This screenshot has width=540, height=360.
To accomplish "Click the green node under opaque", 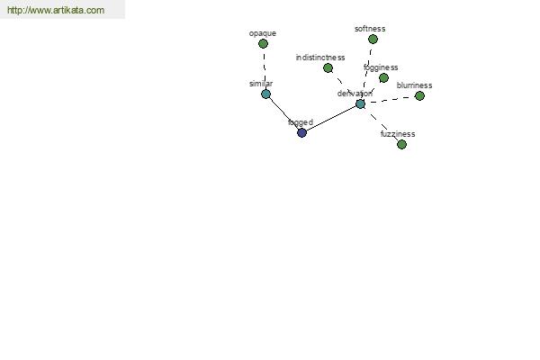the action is pos(263,44).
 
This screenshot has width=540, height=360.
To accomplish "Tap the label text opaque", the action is pos(263,33).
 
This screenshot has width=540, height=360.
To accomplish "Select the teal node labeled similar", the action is pos(265,94).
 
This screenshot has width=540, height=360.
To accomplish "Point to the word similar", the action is pos(261,84).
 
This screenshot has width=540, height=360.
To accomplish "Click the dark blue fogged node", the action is pos(302,132).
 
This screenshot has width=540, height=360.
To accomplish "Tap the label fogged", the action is pos(301,122).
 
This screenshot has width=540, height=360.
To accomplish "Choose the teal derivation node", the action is pos(360,103).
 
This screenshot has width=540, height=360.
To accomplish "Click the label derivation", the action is pos(355,94).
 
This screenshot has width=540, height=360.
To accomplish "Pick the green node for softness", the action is pos(373,40).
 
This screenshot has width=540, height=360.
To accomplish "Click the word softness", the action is pos(370,29).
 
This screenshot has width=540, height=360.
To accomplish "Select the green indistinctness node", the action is pos(328,68).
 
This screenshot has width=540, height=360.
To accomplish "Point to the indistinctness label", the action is pos(320,58).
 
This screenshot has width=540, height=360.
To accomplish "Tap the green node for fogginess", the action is pos(383,78).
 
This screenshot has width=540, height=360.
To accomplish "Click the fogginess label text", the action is pos(381,67).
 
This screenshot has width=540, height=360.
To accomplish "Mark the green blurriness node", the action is pos(419,96).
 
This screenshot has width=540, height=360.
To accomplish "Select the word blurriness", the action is pos(414,85).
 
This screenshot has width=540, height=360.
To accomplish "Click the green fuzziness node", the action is pos(402,144).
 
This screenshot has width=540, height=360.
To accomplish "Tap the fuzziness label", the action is pos(398,134).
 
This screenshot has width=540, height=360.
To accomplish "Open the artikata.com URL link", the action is pos(56,10).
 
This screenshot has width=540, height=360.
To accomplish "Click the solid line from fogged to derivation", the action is pos(331,118).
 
